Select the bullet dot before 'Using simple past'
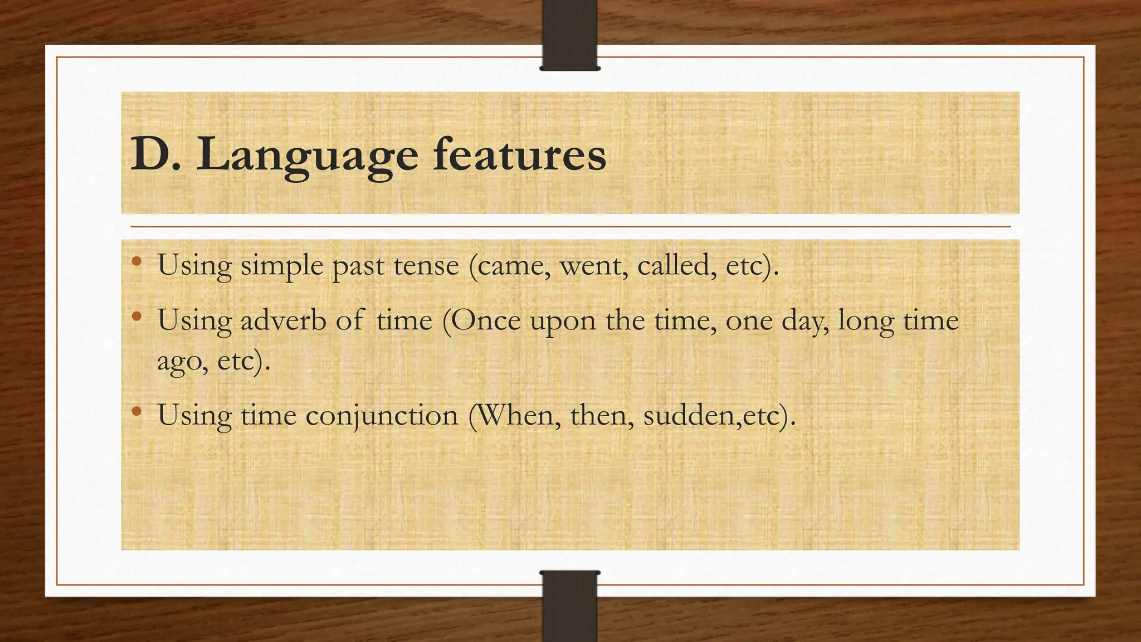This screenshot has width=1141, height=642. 136,261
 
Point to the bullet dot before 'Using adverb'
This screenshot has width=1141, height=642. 136,317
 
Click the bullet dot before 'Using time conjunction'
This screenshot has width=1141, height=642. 136,412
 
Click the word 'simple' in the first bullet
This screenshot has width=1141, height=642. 281,266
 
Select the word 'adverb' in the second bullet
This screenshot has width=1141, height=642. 283,320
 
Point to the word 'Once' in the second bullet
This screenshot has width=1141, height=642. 485,320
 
